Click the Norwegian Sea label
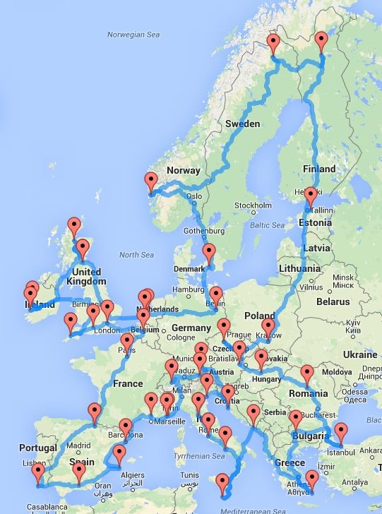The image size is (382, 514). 133,34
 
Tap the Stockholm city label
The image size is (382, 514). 252,205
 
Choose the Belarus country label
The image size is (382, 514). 333,301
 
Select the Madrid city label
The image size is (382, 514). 79,446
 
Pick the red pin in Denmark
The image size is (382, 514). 209,252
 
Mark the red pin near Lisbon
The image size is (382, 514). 37,471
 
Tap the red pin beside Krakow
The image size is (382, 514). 267,326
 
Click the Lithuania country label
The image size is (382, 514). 299,268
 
